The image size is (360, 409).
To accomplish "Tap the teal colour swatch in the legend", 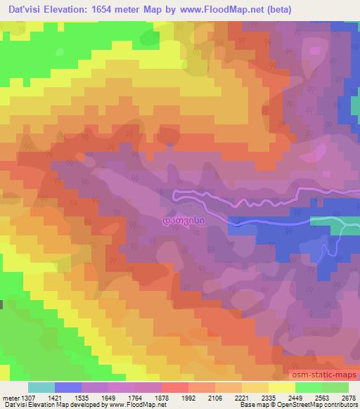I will click(41, 387).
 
